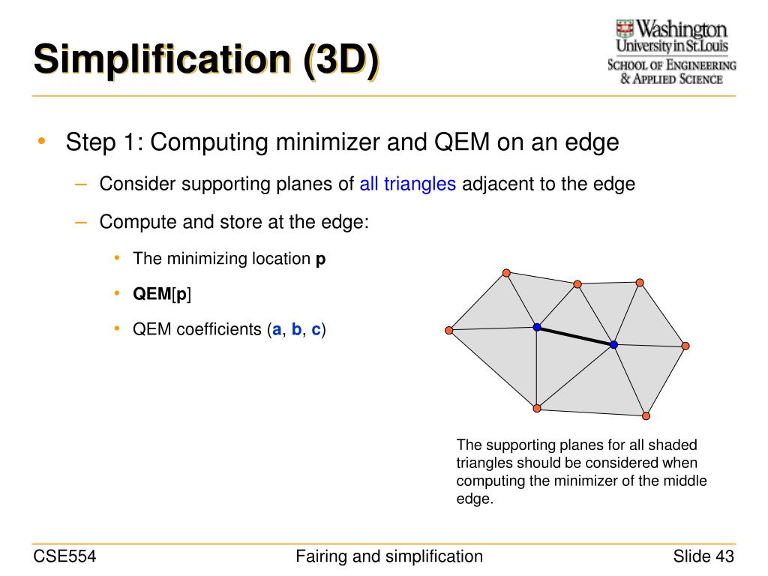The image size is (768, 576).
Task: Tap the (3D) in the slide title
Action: click(x=341, y=59)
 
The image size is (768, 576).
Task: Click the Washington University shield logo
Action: click(x=625, y=29)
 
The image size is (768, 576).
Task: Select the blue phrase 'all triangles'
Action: click(x=408, y=184)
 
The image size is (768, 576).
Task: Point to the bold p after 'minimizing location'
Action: click(x=320, y=259)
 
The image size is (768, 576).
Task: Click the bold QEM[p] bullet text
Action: click(x=162, y=295)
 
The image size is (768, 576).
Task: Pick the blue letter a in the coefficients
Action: click(x=277, y=330)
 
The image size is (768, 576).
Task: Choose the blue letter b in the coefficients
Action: click(x=297, y=330)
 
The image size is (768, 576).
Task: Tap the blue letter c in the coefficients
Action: click(x=316, y=330)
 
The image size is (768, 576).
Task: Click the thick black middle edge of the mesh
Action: click(x=575, y=336)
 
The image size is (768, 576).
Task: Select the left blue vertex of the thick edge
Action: click(x=537, y=327)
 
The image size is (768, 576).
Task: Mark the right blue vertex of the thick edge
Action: click(x=613, y=344)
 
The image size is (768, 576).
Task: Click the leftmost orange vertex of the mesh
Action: click(x=448, y=330)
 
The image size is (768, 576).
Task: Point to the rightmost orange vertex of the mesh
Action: click(x=685, y=346)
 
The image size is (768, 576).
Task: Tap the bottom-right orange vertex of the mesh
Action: click(x=646, y=415)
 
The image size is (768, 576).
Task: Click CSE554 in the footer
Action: click(x=65, y=556)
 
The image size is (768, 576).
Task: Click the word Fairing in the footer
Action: click(x=322, y=556)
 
